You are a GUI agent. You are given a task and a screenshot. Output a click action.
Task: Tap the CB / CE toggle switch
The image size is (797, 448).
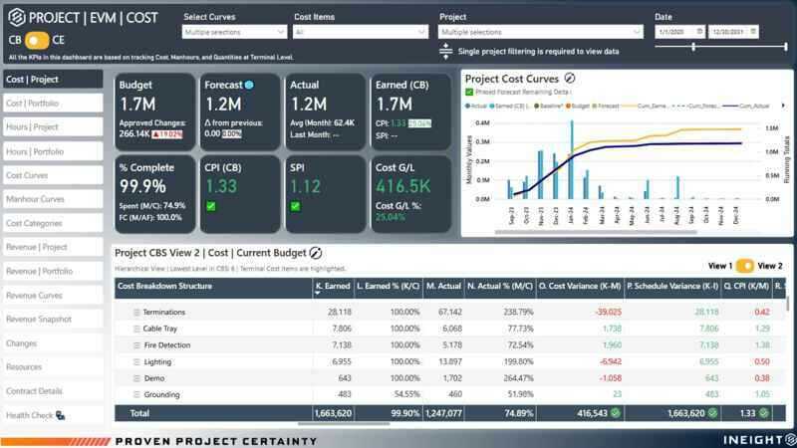pos(36,40)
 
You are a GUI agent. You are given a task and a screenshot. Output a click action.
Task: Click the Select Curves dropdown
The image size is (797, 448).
pos(234,32)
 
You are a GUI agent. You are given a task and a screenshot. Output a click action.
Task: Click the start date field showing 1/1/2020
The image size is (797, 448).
pos(679,32)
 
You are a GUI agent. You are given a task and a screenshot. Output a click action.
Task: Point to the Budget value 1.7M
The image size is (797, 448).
pos(137,104)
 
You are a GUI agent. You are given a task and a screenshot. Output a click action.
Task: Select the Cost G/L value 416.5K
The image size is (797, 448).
pos(403,186)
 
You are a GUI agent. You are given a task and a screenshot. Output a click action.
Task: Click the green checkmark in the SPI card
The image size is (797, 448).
pos(296,206)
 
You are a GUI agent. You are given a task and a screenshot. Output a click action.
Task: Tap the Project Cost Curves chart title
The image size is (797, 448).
pos(512,79)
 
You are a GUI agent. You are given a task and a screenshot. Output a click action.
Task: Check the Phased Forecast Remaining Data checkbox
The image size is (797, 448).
pos(469,92)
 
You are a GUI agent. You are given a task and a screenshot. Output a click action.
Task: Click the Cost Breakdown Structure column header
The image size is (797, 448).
pos(164,287)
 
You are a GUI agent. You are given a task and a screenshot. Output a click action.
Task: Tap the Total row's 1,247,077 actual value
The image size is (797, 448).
pos(443,412)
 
